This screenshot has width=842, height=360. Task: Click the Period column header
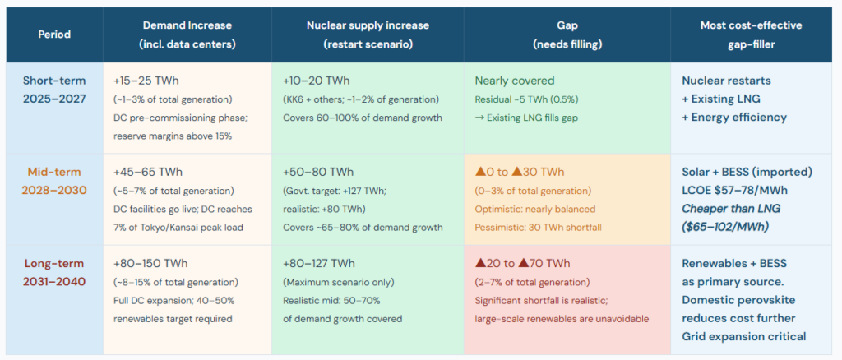[54, 35]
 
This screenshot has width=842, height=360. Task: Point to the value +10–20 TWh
[316, 81]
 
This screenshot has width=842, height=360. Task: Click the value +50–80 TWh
[317, 173]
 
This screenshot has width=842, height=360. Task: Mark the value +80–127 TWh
[319, 264]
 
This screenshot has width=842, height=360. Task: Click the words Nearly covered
[514, 81]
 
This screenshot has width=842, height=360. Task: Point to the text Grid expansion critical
[743, 336]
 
